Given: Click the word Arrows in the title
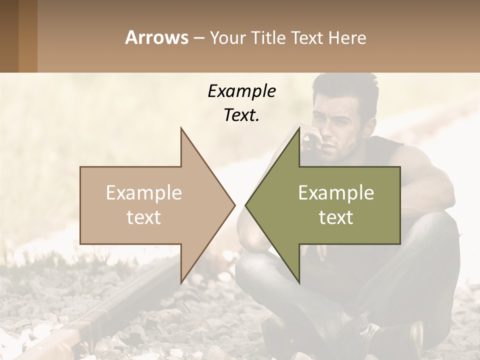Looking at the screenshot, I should point(157,37).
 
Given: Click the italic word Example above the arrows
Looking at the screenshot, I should point(241,91).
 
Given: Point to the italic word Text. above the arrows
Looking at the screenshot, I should point(241,115).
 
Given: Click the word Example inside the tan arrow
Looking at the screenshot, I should point(144,193).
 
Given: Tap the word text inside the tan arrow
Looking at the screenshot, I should point(144,217).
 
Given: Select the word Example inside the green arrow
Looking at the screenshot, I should point(336,193).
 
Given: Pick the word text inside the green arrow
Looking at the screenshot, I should point(336,217).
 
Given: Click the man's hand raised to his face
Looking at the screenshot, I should point(311,137).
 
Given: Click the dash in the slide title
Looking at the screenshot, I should point(199,38).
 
